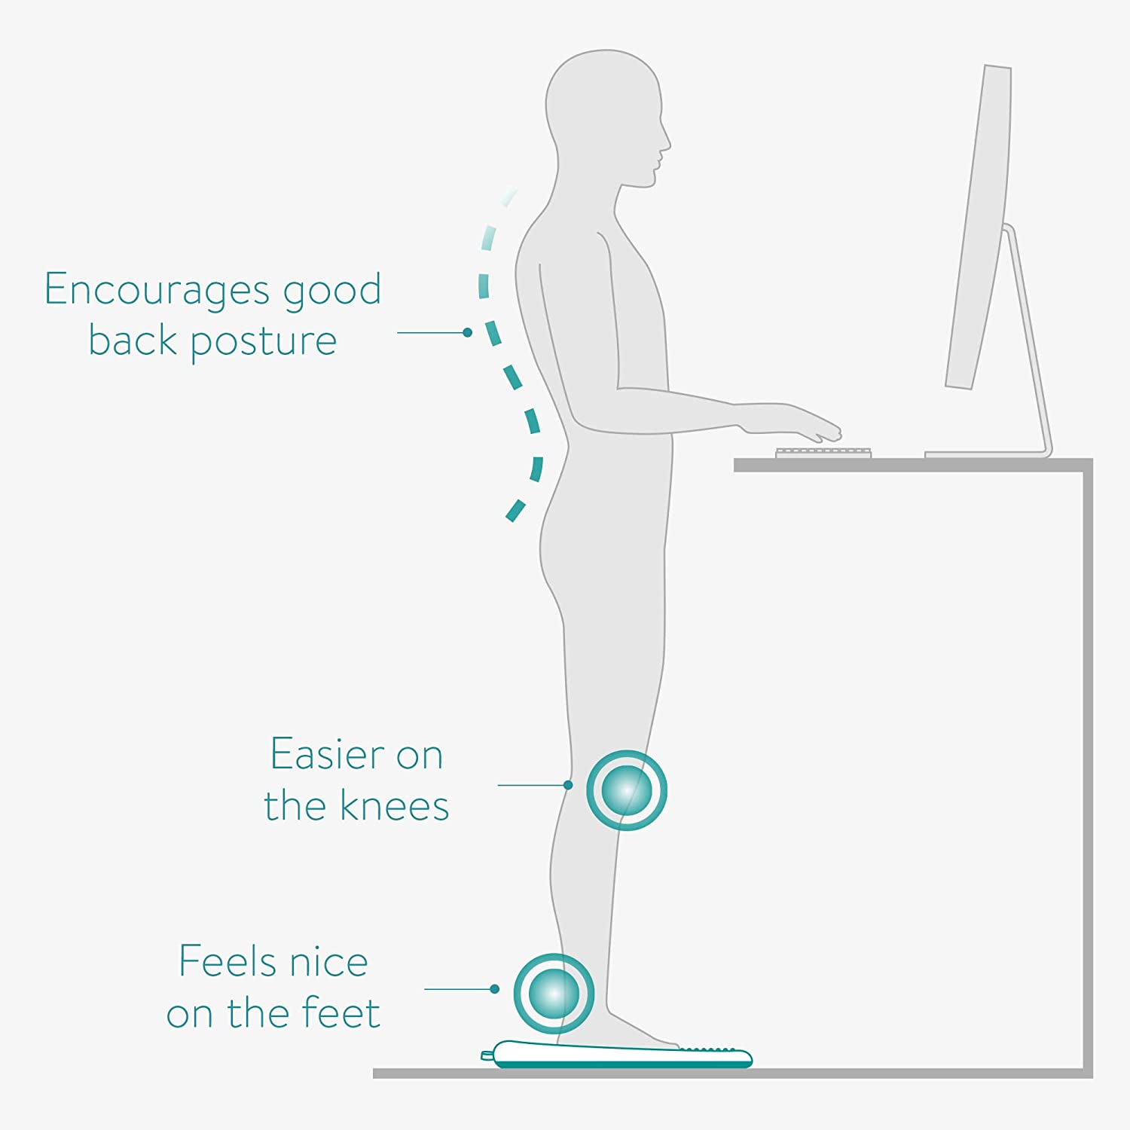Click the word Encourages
[157, 290]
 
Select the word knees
[395, 806]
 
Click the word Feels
[226, 962]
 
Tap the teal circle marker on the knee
[627, 790]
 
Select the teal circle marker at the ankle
[554, 994]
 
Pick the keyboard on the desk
[823, 453]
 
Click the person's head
[606, 113]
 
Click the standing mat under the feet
[618, 1056]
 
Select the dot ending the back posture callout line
[468, 332]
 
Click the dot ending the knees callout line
[568, 785]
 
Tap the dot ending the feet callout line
[495, 989]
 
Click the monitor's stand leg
[1028, 339]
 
